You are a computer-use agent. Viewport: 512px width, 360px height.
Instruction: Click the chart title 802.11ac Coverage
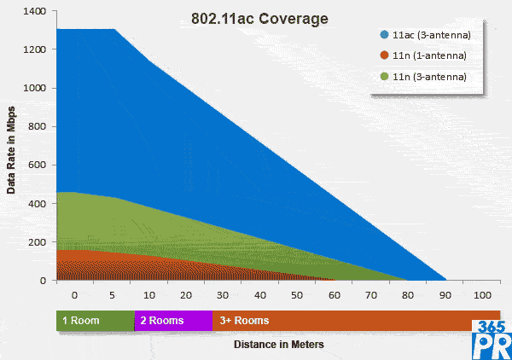(x=259, y=18)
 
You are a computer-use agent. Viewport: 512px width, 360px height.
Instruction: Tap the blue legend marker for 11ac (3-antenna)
(x=385, y=35)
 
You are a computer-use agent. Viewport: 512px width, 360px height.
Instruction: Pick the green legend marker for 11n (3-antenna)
(x=385, y=76)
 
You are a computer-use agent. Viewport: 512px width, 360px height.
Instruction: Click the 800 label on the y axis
(x=38, y=126)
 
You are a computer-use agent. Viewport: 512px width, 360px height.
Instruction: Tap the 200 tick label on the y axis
(x=38, y=241)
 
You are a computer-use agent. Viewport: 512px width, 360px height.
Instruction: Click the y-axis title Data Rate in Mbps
(x=12, y=145)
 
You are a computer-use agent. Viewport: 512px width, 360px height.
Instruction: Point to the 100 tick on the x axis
(x=482, y=294)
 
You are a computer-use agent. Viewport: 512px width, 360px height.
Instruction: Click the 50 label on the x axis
(x=296, y=294)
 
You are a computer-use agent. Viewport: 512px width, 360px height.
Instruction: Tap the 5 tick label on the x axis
(x=112, y=294)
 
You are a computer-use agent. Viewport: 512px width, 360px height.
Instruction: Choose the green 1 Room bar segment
(x=95, y=320)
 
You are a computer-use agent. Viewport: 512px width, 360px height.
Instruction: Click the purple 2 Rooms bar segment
(x=173, y=320)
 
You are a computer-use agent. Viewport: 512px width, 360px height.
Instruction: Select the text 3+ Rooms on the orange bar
(x=245, y=320)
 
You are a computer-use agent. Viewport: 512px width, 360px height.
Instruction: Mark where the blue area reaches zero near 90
(x=445, y=279)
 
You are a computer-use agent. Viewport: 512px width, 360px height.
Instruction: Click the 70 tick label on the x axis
(x=371, y=294)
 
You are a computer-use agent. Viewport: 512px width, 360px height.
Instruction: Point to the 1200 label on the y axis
(x=36, y=49)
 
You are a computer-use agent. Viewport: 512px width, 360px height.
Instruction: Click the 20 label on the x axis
(x=185, y=294)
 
